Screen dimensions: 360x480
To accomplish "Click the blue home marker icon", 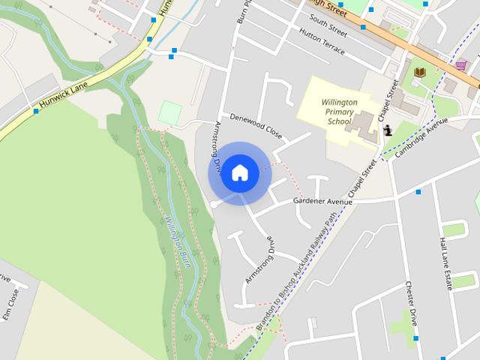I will coord(239,173).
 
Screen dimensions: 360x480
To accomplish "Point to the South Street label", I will coord(328,28).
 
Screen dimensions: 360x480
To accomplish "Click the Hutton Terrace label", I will coord(322,44).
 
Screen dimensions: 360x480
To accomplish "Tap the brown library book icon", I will coord(419,72).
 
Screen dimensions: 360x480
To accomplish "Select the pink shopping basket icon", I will coord(460,65).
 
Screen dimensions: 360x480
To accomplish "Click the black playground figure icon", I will coord(388,130).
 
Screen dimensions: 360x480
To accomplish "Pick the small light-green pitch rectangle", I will coord(169,113).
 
